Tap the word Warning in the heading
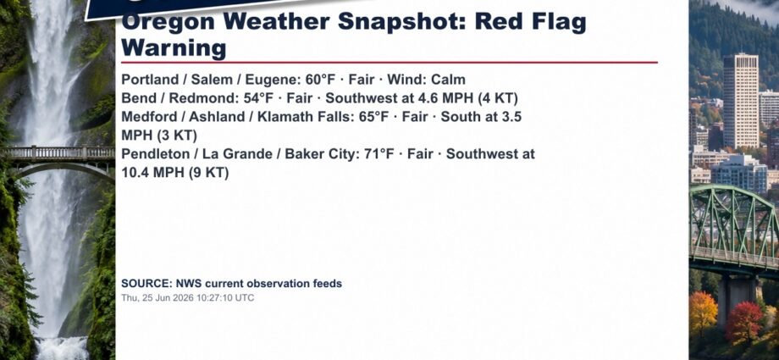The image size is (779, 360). point(174,49)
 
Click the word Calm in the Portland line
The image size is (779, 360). point(448,80)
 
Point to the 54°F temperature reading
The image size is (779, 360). point(258,98)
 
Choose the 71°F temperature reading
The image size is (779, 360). point(379,154)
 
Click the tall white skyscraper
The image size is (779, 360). point(741,101)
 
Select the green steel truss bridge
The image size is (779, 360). point(734,228)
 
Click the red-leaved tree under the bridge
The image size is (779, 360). point(743,322)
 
